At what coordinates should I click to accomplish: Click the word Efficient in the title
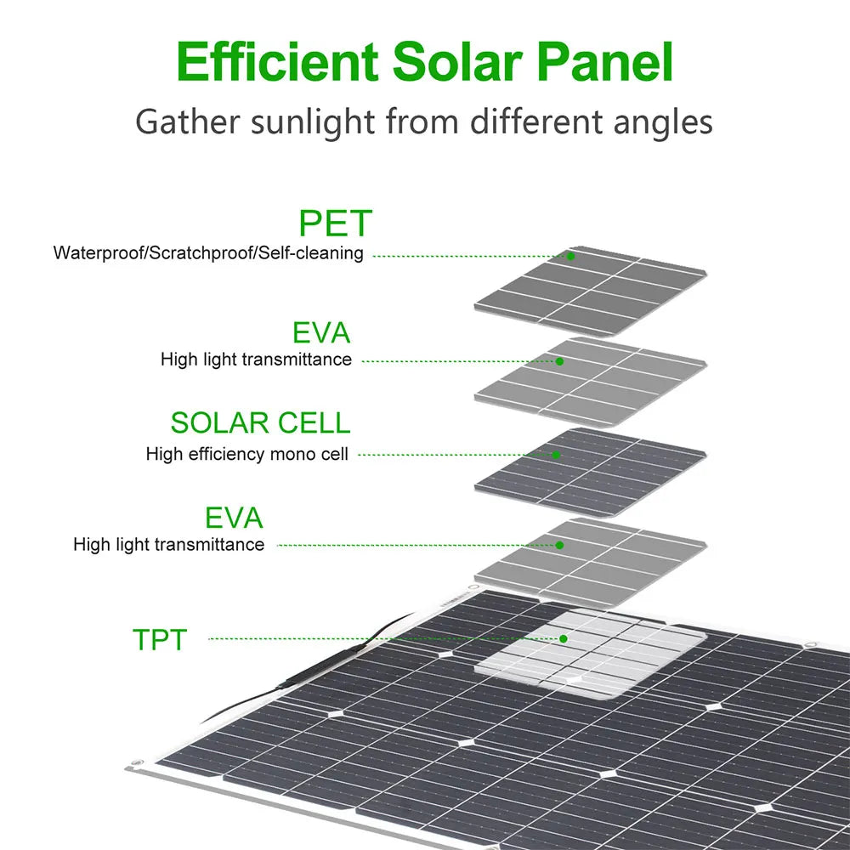tap(277, 62)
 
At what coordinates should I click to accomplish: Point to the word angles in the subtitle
tap(664, 122)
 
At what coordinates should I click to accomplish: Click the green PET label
tap(335, 224)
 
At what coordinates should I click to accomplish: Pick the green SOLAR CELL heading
tap(260, 422)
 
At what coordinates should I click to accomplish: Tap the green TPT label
tap(159, 639)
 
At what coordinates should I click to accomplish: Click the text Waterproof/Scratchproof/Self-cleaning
tap(208, 253)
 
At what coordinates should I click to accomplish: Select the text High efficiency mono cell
tap(246, 454)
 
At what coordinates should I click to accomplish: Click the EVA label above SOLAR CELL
tap(321, 332)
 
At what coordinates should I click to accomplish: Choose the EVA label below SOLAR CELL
tap(234, 518)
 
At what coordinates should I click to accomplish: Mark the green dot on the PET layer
tap(571, 256)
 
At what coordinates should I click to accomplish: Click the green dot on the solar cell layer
tap(556, 455)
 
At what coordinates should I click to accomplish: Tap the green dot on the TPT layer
tap(563, 637)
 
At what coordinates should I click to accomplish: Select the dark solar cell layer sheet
tap(595, 472)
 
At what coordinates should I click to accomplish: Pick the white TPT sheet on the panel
tap(595, 654)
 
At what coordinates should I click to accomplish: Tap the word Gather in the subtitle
tap(186, 122)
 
